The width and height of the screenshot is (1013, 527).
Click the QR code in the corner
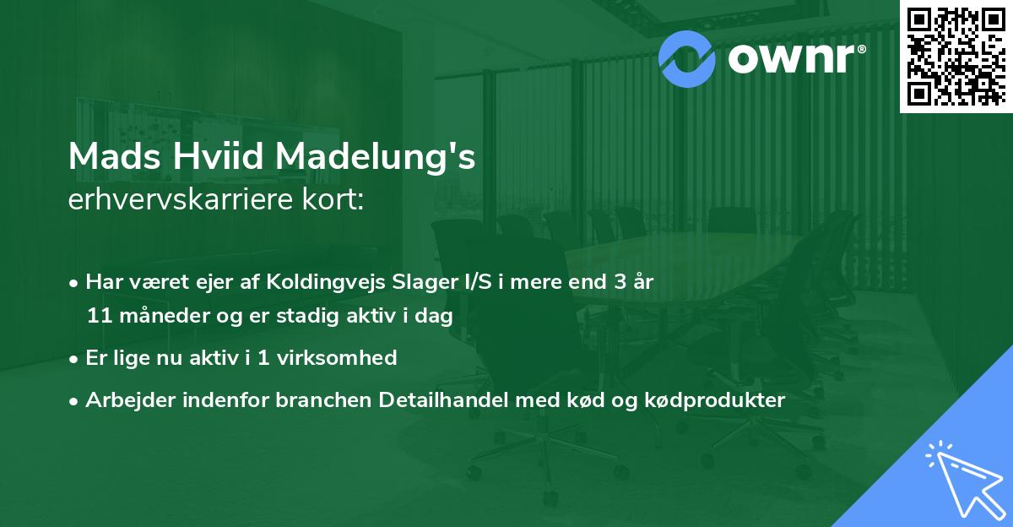pyautogui.click(x=956, y=57)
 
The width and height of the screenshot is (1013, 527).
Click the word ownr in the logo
pyautogui.click(x=796, y=57)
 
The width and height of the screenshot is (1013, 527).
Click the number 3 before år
pyautogui.click(x=621, y=282)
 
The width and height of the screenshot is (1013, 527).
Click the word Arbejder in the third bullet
pyautogui.click(x=124, y=400)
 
